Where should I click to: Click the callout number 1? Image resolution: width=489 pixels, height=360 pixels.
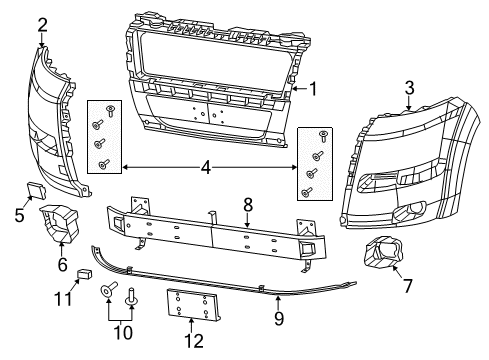tap(312, 89)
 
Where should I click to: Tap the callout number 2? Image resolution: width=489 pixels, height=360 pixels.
tap(42, 25)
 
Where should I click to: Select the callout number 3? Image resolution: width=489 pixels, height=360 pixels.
tap(409, 88)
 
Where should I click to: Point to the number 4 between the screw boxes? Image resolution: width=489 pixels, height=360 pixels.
tap(206, 167)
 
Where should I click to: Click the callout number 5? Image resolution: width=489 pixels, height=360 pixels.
tap(20, 215)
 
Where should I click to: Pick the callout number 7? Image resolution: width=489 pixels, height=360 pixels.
tap(408, 286)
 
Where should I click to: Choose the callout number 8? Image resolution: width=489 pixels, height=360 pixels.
tap(248, 205)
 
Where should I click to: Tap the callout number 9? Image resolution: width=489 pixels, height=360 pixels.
tap(279, 318)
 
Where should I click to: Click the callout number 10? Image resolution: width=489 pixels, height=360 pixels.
tap(123, 332)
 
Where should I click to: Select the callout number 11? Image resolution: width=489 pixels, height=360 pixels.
tap(63, 299)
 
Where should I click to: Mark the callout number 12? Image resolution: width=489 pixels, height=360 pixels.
tap(194, 341)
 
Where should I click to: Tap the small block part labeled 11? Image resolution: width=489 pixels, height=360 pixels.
tap(85, 274)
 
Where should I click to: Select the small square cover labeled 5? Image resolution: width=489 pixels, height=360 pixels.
tap(36, 190)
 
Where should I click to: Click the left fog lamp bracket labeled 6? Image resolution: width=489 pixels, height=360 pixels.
tap(59, 223)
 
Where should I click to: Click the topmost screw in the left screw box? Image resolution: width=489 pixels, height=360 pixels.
tap(110, 111)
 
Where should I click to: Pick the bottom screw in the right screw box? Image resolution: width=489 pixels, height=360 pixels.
tap(306, 192)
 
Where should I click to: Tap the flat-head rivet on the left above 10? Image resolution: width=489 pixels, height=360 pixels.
tap(109, 290)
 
